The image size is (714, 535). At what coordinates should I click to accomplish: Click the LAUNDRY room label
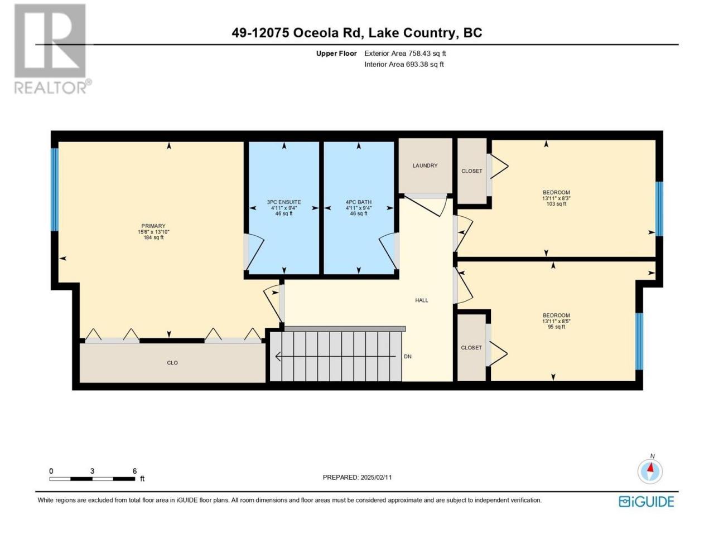[425, 166]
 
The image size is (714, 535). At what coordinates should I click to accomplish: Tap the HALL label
[421, 300]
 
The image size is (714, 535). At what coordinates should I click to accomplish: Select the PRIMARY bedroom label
[153, 226]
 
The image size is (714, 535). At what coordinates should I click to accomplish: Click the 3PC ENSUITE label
[284, 202]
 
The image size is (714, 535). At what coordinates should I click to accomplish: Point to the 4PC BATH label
[359, 202]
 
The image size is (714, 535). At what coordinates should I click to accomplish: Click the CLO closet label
[172, 363]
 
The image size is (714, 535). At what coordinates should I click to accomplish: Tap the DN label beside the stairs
[408, 356]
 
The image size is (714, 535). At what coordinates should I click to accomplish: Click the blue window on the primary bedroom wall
[55, 189]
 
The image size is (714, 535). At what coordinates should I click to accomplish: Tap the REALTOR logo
[51, 48]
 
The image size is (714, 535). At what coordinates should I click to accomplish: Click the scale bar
[93, 479]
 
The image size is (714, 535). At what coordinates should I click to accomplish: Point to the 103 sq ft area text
[556, 204]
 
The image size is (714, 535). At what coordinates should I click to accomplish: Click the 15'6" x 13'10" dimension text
[153, 232]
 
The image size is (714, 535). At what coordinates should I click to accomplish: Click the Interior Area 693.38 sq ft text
[404, 64]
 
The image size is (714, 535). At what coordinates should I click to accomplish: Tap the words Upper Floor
[336, 53]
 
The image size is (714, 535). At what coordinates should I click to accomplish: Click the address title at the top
[357, 33]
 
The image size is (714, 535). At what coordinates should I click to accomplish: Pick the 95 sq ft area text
[556, 327]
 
